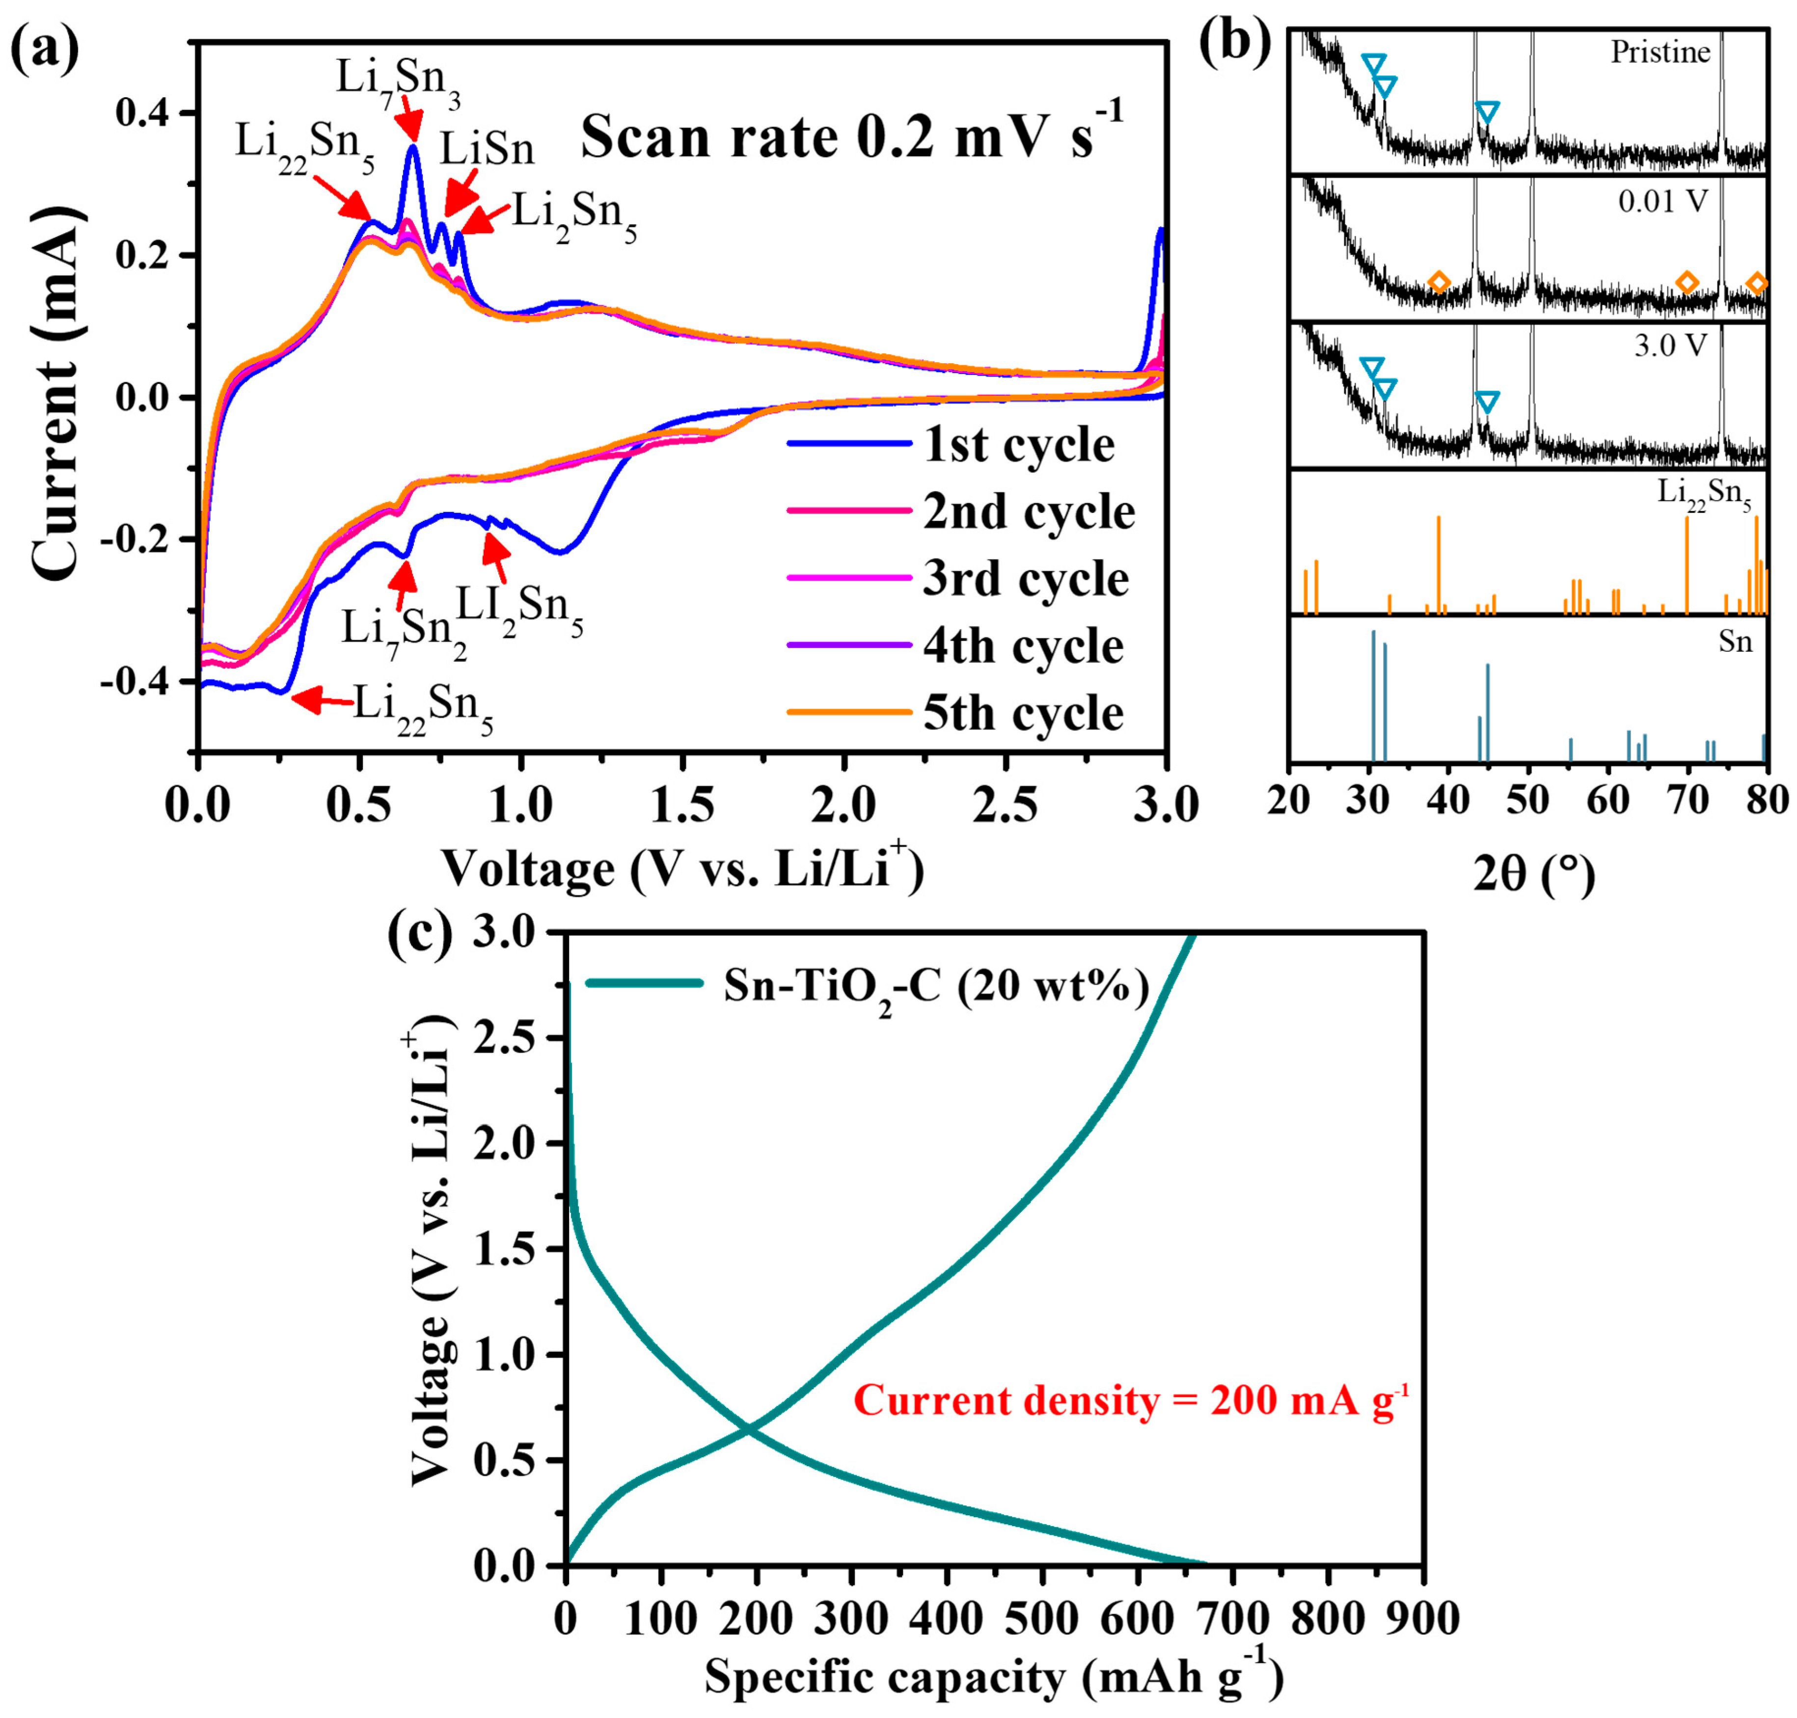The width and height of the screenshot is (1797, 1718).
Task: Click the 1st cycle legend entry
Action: pos(1017,445)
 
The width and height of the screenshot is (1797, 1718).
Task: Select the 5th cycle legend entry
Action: pos(1021,712)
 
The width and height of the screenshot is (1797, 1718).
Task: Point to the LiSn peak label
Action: pos(487,149)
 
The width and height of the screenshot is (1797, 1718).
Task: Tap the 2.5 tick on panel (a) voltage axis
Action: pos(1005,806)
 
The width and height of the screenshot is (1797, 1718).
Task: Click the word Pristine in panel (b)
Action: pos(1660,52)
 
